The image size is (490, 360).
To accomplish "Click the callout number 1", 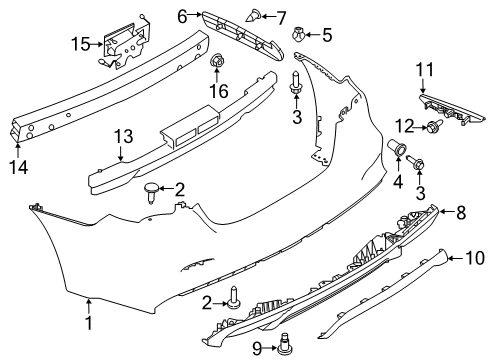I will pyautogui.click(x=88, y=323).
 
